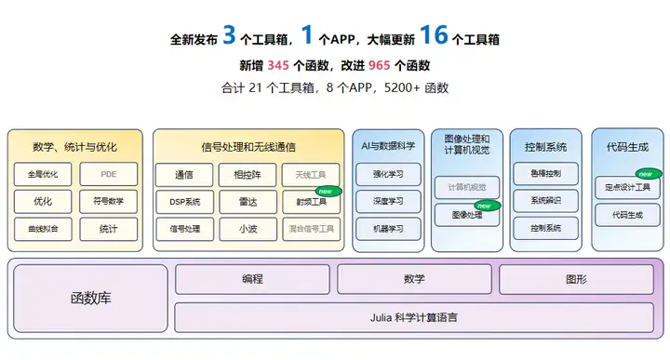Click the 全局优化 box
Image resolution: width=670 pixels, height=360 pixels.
[43, 174]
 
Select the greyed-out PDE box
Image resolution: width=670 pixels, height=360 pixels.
[108, 174]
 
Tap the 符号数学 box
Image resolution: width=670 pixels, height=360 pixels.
[108, 201]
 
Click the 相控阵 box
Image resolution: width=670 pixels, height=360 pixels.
[248, 174]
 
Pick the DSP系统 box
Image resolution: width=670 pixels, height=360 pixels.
[184, 201]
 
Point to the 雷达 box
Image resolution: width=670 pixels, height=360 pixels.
[248, 201]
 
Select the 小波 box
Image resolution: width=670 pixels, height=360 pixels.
[248, 228]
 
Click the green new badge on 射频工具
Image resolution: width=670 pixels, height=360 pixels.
[329, 191]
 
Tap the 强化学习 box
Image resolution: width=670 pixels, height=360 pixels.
[389, 174]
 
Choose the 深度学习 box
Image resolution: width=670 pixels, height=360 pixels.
[389, 201]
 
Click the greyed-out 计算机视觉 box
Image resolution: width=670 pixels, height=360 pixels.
[467, 186]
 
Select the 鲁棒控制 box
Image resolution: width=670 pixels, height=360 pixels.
[546, 174]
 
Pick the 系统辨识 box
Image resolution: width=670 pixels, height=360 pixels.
[546, 201]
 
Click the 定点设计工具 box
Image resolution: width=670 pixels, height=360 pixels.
[625, 187]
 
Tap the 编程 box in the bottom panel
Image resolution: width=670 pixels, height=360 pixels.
[252, 279]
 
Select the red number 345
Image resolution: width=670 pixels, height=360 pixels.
[278, 65]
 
